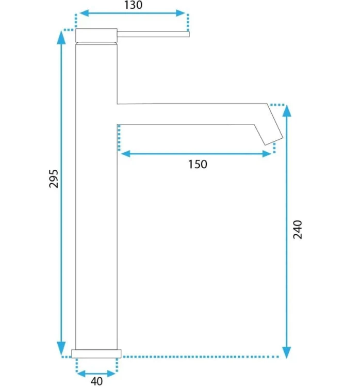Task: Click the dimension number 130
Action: (133, 5)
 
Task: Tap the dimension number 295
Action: (54, 179)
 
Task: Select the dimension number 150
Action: (198, 165)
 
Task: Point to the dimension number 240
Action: (298, 230)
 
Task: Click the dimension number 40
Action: (96, 381)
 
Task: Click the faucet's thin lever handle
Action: (153, 34)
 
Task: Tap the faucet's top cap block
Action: (96, 35)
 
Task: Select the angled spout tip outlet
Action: (274, 141)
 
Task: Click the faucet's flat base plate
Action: (96, 353)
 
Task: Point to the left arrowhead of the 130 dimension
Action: (84, 13)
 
